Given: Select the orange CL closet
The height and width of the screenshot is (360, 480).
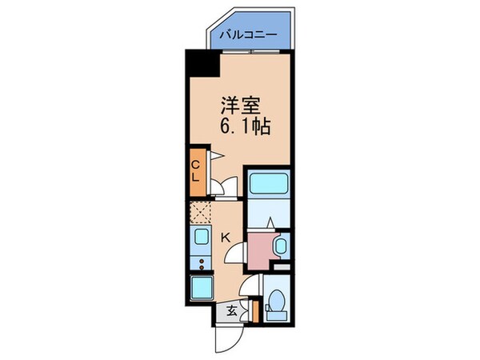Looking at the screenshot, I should click(196, 172).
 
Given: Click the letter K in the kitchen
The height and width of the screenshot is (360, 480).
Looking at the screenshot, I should click(226, 237).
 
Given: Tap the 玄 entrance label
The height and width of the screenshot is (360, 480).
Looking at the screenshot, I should click(230, 311).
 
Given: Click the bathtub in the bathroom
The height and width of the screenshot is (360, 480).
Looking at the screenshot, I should click(266, 185).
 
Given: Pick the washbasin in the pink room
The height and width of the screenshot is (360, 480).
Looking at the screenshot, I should click(279, 246).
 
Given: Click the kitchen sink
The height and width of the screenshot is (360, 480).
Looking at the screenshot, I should click(198, 237).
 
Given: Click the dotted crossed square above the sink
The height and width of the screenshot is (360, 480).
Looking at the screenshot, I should click(198, 213).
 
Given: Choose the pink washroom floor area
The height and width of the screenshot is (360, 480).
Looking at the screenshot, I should click(261, 250).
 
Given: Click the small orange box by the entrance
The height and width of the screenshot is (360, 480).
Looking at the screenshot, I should click(254, 310).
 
